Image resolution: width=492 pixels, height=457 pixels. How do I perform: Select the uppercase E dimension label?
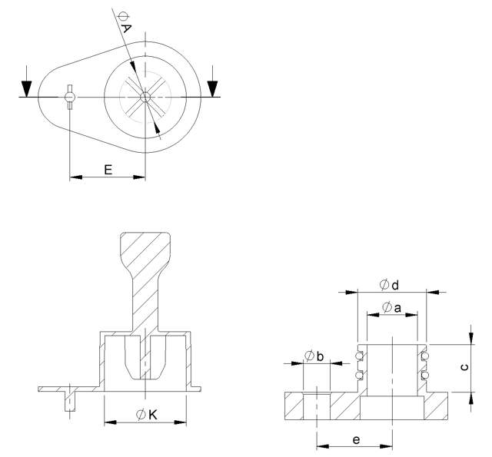point(108,168)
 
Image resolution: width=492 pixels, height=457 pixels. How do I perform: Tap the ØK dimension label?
point(146,415)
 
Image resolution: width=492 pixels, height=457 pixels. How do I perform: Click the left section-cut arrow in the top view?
point(28,85)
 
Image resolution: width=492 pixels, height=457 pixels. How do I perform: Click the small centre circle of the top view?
point(145,96)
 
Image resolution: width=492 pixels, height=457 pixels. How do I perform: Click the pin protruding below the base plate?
point(70,402)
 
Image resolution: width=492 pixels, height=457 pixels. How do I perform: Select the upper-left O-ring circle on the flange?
point(359,355)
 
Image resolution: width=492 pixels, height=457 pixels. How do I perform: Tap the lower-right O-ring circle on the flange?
point(424,374)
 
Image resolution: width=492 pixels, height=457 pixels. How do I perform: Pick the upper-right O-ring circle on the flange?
point(424,355)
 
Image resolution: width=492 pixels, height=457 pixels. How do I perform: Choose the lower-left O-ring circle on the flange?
point(359,374)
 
